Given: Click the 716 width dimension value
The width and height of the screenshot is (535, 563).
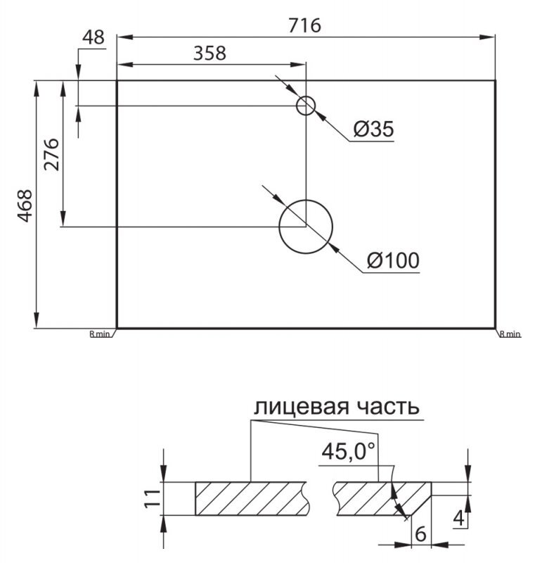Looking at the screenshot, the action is (304, 25).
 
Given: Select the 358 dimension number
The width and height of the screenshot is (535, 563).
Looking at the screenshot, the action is (210, 53).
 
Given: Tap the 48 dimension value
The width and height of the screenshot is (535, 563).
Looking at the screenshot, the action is (94, 37).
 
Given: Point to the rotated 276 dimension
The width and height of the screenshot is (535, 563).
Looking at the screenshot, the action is (51, 154).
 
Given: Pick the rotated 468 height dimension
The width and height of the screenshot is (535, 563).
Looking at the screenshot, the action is (25, 205).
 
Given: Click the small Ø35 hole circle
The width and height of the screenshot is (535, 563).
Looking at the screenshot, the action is (306, 106).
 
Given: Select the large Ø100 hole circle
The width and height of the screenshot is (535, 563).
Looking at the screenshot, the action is (306, 227).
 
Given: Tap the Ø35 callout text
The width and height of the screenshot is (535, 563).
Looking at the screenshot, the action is (373, 129).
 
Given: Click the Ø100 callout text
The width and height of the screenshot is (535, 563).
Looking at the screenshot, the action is (393, 260).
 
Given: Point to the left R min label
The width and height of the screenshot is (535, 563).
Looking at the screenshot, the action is (100, 334).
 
